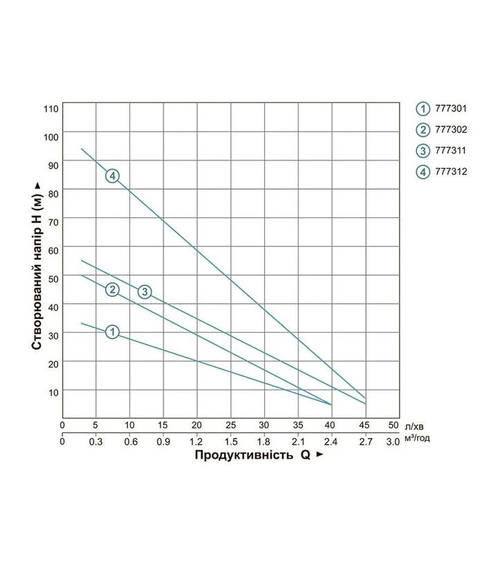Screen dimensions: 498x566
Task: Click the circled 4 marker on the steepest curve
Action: [113, 176]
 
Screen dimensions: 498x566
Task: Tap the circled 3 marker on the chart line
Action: [145, 292]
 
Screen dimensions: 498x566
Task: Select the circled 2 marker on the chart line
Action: [113, 289]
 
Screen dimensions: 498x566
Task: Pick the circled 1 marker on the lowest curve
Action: [113, 331]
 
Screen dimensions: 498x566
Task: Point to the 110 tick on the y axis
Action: [51, 109]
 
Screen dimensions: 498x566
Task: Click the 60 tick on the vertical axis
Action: [53, 250]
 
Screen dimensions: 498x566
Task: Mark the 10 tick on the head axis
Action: [53, 393]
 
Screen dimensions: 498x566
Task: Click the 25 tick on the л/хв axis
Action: [230, 426]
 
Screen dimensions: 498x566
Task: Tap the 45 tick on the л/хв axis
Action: [365, 426]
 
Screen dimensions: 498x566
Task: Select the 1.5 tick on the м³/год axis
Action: [231, 442]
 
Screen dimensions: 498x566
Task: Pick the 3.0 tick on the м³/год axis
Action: [393, 442]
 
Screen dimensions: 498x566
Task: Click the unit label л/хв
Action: [414, 427]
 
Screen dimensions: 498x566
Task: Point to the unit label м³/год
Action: [417, 438]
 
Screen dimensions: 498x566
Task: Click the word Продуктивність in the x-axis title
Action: [244, 455]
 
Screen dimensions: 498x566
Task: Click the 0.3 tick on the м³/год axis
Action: [95, 442]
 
